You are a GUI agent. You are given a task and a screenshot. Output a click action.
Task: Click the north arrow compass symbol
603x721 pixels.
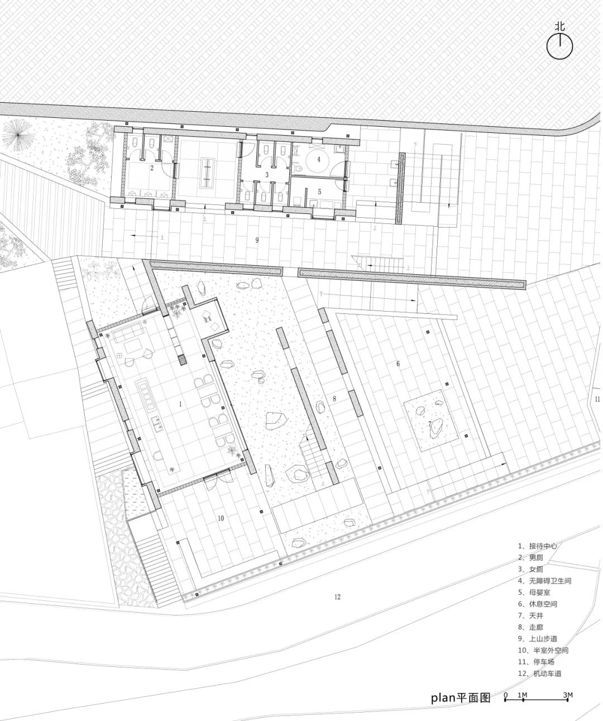559,47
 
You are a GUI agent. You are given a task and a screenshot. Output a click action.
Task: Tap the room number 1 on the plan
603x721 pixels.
180,403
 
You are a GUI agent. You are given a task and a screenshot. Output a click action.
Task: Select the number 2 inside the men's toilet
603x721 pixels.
152,167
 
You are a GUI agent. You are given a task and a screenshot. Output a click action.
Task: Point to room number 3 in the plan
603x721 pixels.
267,175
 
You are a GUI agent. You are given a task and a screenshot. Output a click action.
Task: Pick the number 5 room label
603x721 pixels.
319,192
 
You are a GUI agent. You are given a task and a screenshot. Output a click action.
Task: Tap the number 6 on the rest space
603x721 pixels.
398,364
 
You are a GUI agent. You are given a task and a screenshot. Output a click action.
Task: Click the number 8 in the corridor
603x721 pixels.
334,399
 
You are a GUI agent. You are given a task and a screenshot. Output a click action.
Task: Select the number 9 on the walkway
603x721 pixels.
257,240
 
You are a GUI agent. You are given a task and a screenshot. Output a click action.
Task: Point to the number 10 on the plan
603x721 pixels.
221,518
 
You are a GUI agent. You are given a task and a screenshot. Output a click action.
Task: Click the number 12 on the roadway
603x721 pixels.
337,597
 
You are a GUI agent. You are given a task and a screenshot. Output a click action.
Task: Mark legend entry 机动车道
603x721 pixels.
541,674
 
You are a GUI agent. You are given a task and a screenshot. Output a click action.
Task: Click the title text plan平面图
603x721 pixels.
460,698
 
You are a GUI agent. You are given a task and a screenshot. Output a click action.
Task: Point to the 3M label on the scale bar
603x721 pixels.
568,695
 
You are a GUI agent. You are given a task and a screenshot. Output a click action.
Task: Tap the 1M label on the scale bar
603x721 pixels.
522,695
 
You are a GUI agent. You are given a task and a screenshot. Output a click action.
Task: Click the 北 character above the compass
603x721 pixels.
560,26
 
